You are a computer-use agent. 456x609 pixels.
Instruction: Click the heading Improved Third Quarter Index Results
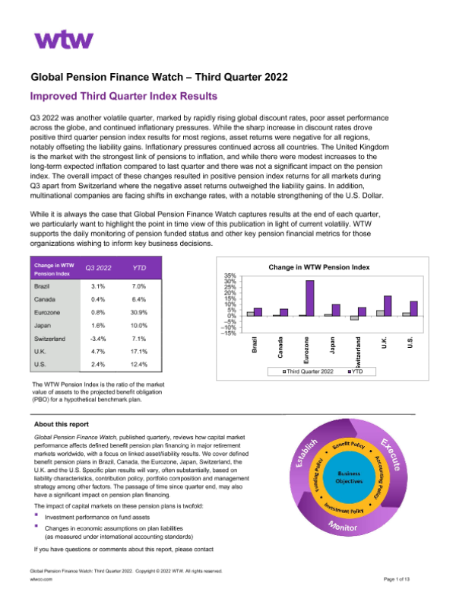click(123, 97)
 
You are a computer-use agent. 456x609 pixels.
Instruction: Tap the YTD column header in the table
click(140, 268)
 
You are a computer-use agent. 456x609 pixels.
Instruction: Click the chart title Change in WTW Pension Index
click(319, 268)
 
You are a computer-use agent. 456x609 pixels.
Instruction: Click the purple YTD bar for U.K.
click(388, 307)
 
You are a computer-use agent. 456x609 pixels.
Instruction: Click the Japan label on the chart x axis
click(332, 342)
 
